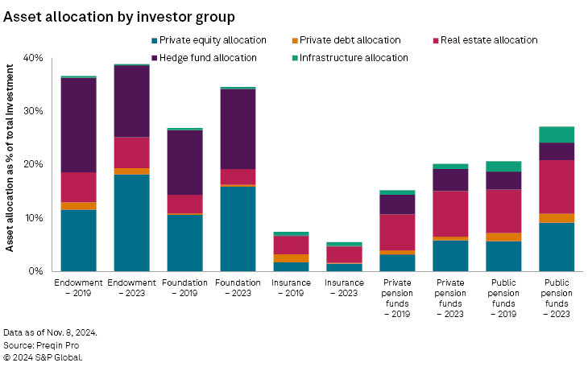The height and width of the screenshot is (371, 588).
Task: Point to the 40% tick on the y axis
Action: click(x=32, y=58)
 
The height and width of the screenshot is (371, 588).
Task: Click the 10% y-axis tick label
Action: click(x=32, y=218)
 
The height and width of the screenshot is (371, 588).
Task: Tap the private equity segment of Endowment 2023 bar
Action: click(x=131, y=222)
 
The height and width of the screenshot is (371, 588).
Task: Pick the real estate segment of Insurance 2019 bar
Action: click(x=291, y=245)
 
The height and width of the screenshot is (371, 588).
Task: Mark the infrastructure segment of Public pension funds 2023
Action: click(x=557, y=134)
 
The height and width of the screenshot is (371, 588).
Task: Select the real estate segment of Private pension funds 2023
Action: click(x=450, y=213)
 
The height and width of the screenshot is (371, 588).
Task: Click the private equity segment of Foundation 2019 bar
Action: click(x=184, y=242)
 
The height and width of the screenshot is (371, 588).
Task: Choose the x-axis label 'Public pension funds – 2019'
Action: click(x=503, y=298)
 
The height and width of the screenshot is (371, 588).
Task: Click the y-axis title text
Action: click(x=11, y=164)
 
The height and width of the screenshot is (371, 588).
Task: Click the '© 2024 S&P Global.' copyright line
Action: click(x=42, y=357)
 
